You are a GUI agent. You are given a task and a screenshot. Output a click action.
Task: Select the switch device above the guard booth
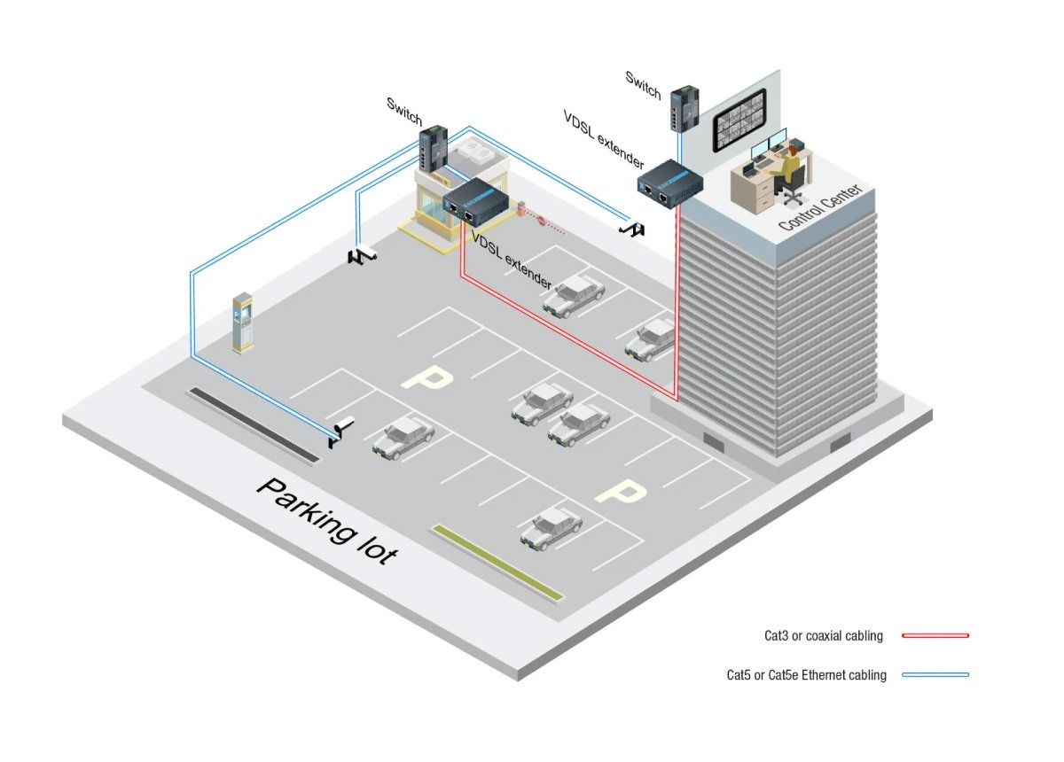click(x=434, y=148)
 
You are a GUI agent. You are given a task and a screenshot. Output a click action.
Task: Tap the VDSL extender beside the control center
click(x=669, y=182)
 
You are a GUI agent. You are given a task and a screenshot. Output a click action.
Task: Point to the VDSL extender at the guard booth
click(x=476, y=200)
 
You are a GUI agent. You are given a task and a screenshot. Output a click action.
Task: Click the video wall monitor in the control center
click(x=739, y=121)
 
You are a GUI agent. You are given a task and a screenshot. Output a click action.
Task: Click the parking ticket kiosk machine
click(x=242, y=323)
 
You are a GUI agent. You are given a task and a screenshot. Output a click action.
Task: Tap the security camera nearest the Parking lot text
click(x=340, y=432)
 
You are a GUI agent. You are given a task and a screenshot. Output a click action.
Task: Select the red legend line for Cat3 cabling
click(x=935, y=635)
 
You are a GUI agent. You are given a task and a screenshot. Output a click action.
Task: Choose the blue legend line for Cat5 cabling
click(x=935, y=674)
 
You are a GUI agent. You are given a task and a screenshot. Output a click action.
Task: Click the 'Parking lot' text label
click(x=326, y=522)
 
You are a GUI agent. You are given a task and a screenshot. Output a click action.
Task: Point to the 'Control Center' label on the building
click(x=820, y=207)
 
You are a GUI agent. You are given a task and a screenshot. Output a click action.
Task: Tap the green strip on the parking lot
click(x=497, y=563)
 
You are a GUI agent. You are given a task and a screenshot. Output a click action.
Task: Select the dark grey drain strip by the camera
click(x=254, y=425)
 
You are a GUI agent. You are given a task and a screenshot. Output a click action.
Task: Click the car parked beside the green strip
click(x=551, y=529)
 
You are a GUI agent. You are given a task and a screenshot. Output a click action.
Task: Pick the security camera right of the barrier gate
click(x=631, y=229)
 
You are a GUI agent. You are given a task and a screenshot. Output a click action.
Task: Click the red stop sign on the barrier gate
click(x=540, y=220)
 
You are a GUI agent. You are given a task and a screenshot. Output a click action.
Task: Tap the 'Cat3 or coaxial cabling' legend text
click(x=823, y=635)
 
